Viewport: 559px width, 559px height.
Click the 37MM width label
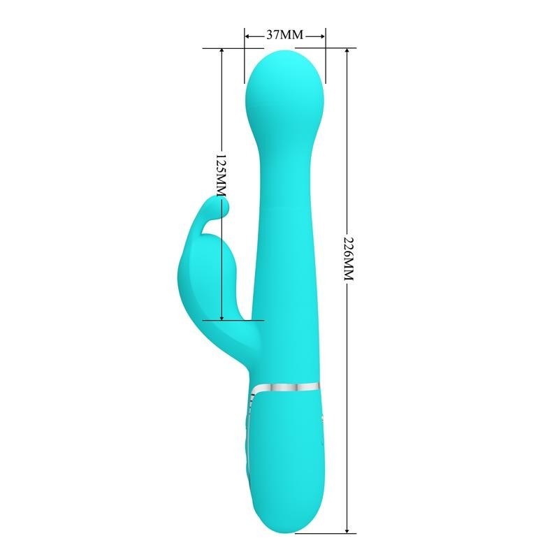(285, 34)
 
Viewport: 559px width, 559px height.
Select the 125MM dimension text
(221, 174)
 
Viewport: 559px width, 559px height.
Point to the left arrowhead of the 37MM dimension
(247, 34)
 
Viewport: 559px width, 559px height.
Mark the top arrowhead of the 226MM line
(347, 52)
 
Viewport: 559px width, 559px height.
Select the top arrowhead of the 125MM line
(222, 52)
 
